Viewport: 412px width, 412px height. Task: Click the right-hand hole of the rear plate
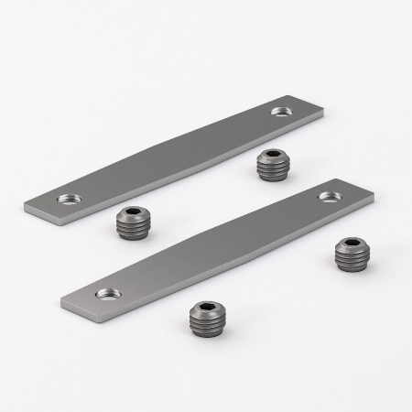pyautogui.click(x=279, y=111)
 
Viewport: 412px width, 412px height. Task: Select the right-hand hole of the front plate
pyautogui.click(x=325, y=195)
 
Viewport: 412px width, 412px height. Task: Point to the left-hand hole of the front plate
pyautogui.click(x=108, y=294)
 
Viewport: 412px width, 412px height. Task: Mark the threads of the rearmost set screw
pyautogui.click(x=271, y=170)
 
